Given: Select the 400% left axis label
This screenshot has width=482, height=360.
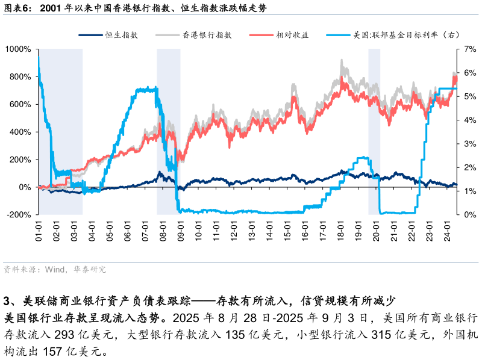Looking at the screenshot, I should click(20, 132).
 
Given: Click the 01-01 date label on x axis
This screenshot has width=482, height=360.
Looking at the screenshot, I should click(39, 231).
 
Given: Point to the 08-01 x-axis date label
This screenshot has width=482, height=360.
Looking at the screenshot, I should click(163, 231).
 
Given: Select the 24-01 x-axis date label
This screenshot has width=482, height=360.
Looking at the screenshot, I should click(447, 231).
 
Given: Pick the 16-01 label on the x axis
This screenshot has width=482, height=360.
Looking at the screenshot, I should click(305, 231).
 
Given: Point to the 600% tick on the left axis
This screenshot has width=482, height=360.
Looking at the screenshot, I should click(20, 104).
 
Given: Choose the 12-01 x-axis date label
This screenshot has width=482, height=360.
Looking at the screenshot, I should click(234, 231).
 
